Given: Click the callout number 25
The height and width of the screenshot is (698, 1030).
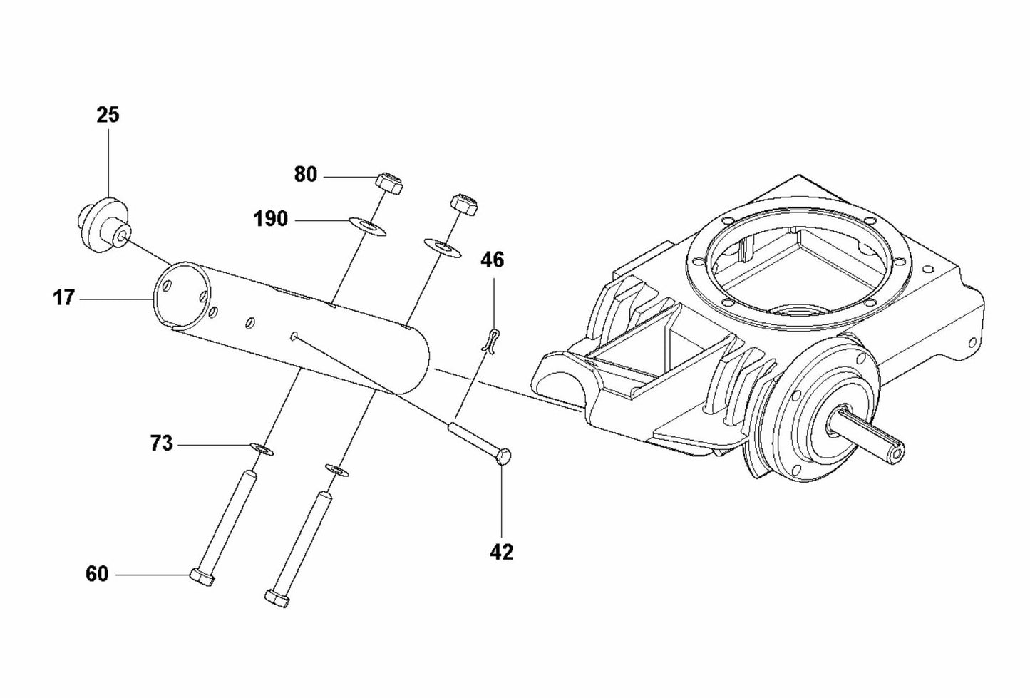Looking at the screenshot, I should click(x=108, y=115).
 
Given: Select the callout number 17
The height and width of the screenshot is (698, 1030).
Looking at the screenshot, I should click(x=63, y=298).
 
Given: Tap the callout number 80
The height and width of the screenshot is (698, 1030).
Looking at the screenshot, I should click(x=305, y=175).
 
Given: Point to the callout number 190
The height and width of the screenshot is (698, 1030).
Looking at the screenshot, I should click(x=271, y=219).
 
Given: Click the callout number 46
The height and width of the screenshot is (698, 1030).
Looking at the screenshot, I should click(x=492, y=260).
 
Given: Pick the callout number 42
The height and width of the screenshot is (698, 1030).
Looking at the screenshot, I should click(x=502, y=552).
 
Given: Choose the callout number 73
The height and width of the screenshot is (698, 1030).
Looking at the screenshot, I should click(x=162, y=443).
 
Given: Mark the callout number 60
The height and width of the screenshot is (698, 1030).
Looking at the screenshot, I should click(x=97, y=574).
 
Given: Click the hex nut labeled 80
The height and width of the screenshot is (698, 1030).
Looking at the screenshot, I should click(x=388, y=184).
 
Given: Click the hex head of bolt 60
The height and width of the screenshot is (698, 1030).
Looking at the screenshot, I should click(x=202, y=577).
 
